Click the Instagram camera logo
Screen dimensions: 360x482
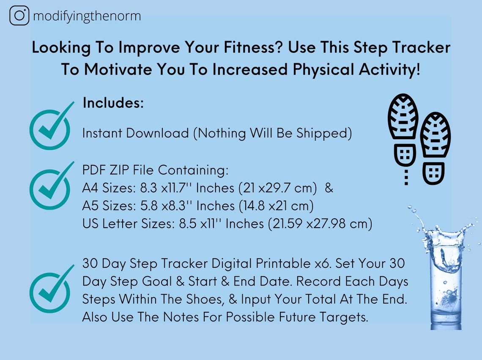click(x=19, y=16)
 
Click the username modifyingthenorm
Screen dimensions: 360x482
click(x=87, y=16)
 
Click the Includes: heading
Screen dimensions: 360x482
click(x=113, y=103)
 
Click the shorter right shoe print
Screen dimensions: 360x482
click(x=435, y=148)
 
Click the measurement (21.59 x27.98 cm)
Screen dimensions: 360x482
click(x=320, y=224)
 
